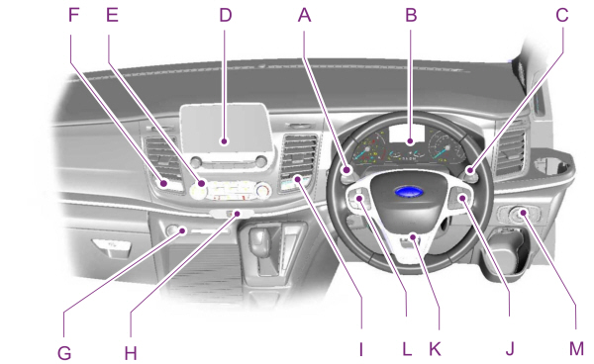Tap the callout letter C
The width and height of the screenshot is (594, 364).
pos(561,16)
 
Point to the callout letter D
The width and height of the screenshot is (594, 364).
pos(226,16)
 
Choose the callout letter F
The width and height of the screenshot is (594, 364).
pos(71,16)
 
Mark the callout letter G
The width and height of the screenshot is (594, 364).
pos(66,349)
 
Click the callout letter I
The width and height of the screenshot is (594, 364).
pos(362,349)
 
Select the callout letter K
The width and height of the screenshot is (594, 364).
pos(434,349)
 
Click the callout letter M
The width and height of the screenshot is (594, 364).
pos(575,349)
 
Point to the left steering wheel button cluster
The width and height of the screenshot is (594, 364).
pos(362,204)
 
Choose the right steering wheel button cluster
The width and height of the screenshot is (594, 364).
pos(458,204)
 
